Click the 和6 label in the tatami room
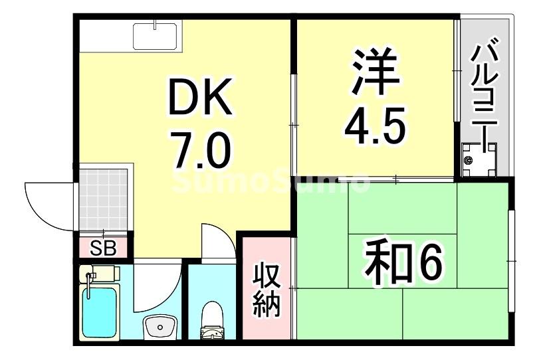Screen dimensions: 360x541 (x=402, y=264)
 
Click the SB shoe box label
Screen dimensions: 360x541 (x=103, y=248)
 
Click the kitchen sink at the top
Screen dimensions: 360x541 (x=155, y=35)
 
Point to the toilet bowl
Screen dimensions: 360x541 (x=213, y=319)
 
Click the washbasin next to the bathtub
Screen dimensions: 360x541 (x=160, y=326)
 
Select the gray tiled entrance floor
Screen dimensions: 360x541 (x=104, y=199)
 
